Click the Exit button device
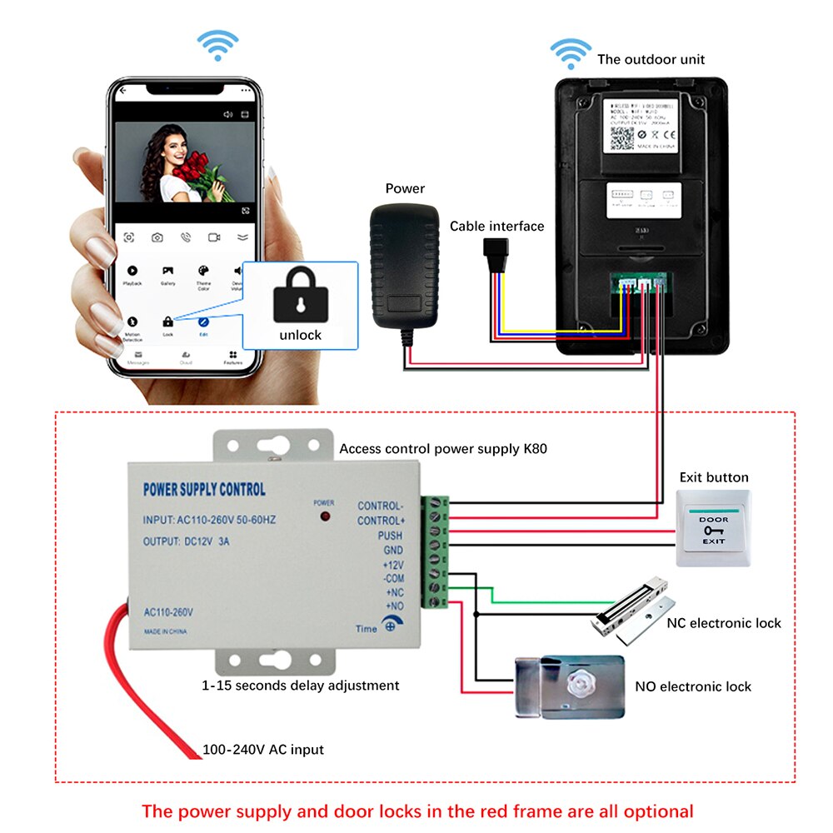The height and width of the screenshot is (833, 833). pos(713,529)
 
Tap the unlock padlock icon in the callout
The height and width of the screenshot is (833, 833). pos(301,293)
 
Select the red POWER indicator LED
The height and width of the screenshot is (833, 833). pos(324,517)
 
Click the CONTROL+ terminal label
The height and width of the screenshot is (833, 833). pos(380,521)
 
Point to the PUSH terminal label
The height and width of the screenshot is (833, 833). pos(390,536)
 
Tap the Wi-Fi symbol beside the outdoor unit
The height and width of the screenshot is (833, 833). pos(571,54)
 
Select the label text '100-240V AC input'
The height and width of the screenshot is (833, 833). pos(263,750)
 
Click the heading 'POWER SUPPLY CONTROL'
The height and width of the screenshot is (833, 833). pos(205,489)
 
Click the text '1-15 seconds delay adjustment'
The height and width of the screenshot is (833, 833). pos(301,686)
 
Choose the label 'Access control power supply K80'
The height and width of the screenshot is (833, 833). pos(443,449)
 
